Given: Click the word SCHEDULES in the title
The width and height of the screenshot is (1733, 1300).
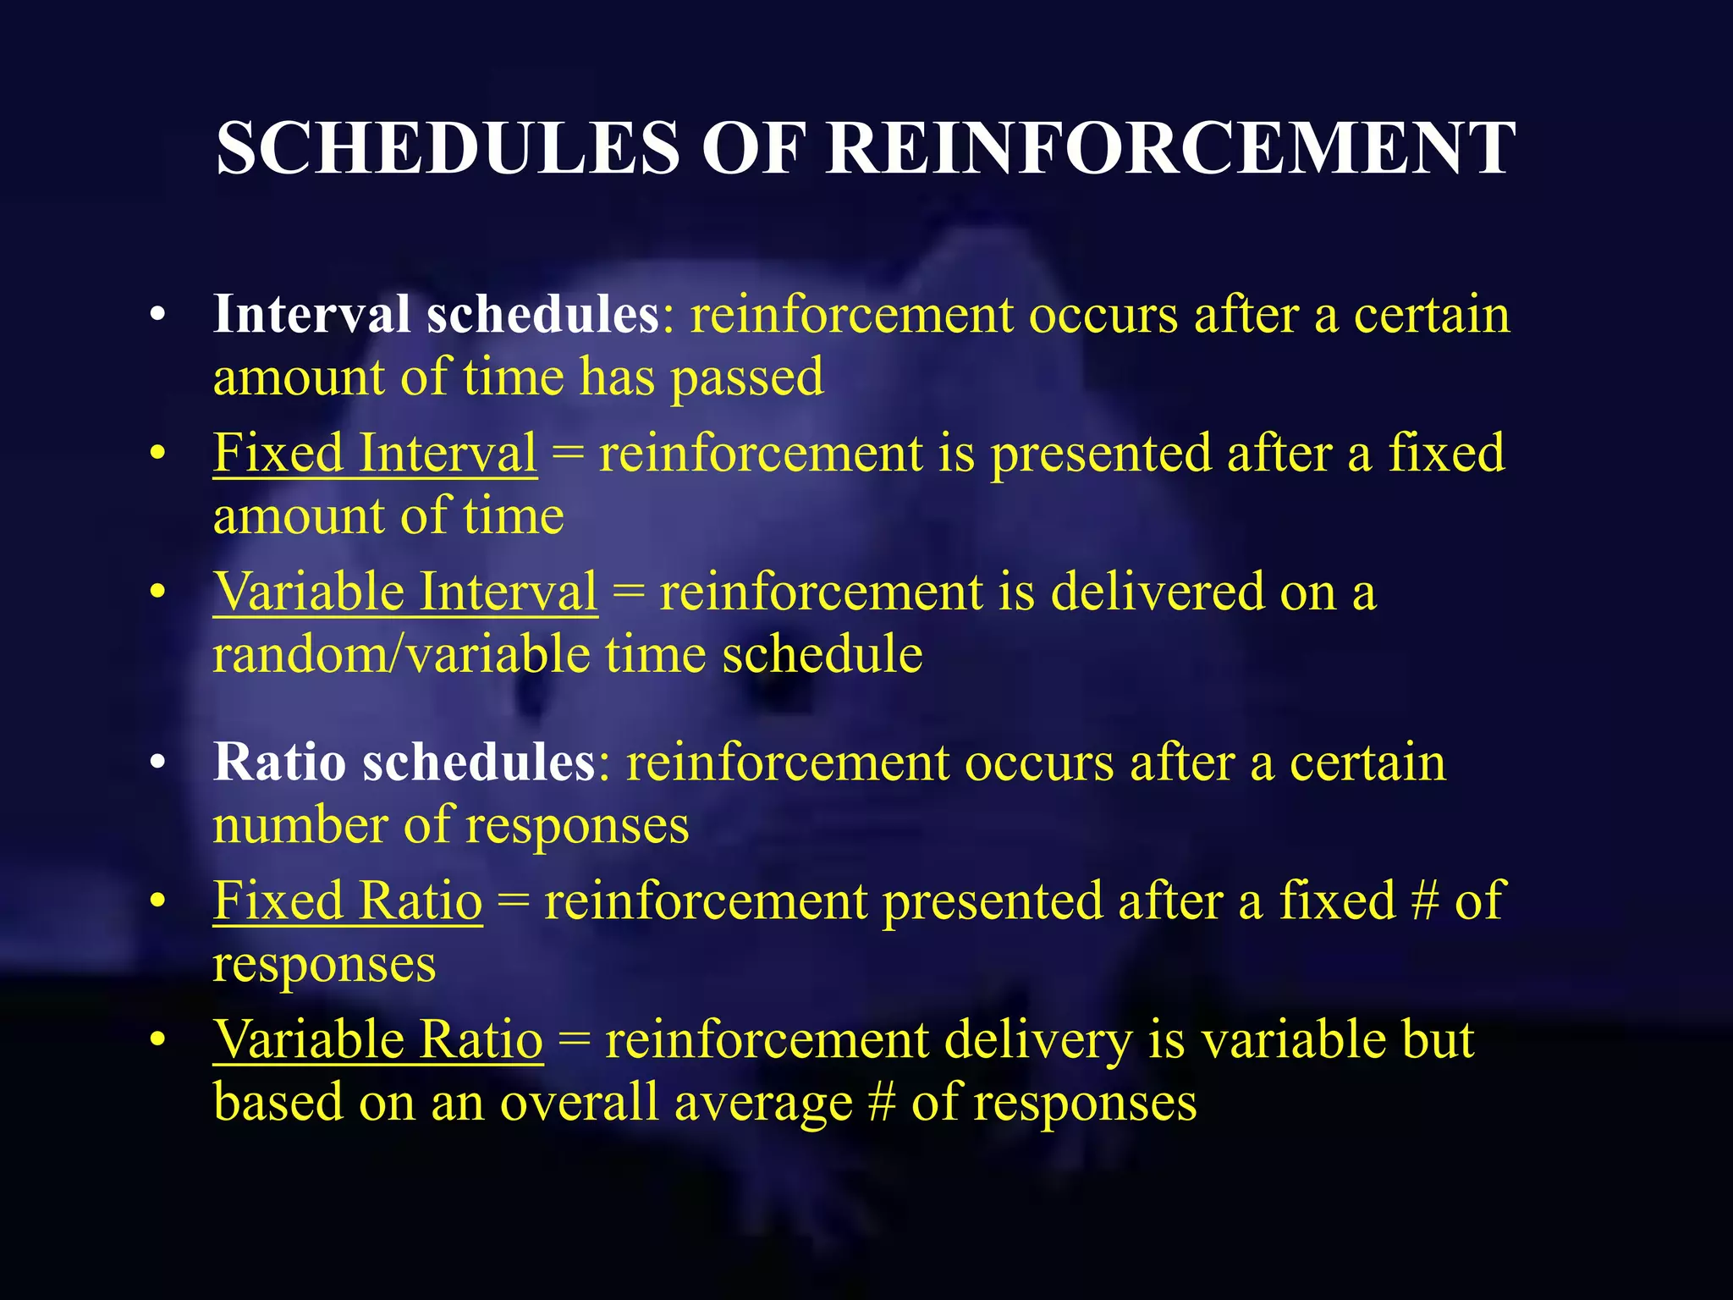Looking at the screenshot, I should click(x=448, y=148).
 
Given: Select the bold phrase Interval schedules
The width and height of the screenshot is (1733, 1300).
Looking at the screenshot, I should click(x=436, y=314).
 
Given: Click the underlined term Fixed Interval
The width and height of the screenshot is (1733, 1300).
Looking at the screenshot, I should click(x=375, y=453).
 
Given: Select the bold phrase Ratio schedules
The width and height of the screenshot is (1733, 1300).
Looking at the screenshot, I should click(x=404, y=762).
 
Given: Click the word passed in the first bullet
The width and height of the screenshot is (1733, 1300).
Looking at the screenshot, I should click(x=747, y=377).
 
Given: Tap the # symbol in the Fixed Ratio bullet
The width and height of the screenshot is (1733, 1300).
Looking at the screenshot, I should click(x=1425, y=901).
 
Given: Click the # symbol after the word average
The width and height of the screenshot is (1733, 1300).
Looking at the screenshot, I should click(x=882, y=1103).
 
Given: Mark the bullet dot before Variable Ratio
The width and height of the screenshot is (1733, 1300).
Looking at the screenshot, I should click(x=157, y=1040).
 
